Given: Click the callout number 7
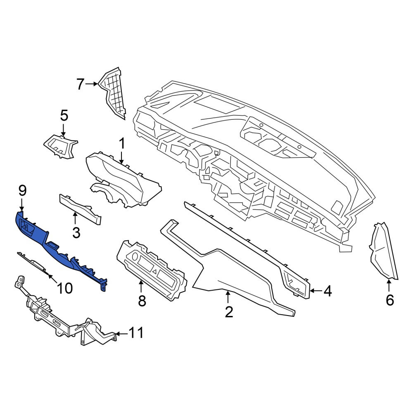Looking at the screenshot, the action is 80,84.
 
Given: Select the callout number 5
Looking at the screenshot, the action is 64,116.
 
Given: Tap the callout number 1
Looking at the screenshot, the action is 121,144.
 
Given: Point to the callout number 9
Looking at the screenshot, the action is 22,190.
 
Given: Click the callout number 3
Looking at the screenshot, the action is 76,233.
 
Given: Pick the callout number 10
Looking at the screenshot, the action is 65,288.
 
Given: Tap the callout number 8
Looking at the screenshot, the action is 142,301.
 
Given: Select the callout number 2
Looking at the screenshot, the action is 229,312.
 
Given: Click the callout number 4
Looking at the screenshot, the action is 328,291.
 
